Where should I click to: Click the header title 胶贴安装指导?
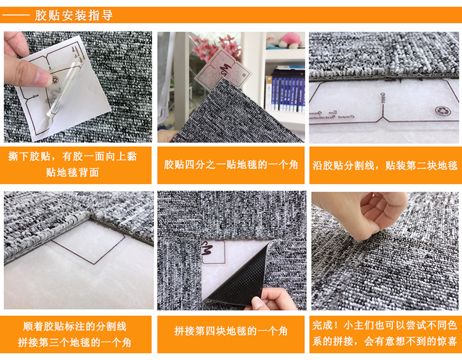point(74,15)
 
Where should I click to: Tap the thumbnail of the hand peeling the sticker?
point(78,87)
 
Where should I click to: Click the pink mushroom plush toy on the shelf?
point(290,39)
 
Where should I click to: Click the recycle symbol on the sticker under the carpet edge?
point(442,110)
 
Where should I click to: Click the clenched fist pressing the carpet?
point(380,215)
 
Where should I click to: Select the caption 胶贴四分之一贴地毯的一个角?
point(231,165)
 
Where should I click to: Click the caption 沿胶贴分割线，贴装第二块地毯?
point(385,165)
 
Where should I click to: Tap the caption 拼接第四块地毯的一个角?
point(231,331)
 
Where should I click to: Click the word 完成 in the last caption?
point(322,325)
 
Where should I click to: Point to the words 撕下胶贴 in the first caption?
point(29,156)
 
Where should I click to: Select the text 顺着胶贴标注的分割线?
point(75,326)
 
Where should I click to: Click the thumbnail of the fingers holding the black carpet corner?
point(232,250)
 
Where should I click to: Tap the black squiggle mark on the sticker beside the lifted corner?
point(208,250)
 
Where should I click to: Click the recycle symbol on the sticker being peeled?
point(55,80)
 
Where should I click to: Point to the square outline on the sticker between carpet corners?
point(88,242)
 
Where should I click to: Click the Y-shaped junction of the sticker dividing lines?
point(383,117)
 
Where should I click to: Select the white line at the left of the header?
point(16,15)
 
